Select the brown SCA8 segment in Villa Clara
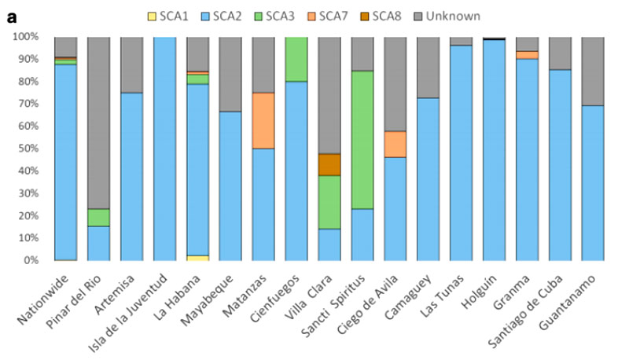coord(329,164)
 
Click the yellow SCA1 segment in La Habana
coord(198,257)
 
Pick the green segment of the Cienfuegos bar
coord(296,59)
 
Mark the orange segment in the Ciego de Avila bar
coord(395,144)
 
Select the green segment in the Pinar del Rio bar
coord(99,217)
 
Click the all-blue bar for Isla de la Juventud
coord(165,149)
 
